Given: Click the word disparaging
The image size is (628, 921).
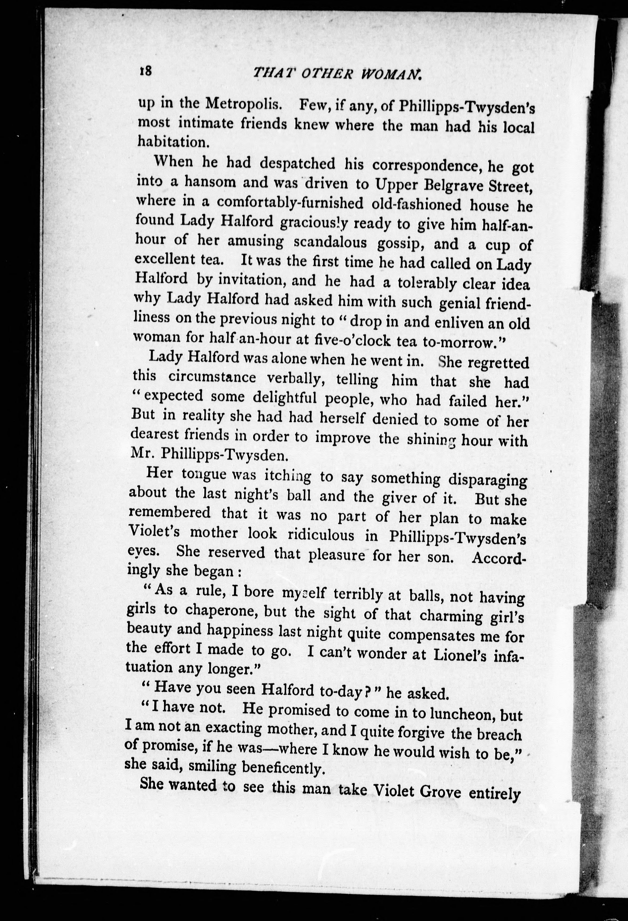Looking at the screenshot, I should pyautogui.click(x=487, y=480).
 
